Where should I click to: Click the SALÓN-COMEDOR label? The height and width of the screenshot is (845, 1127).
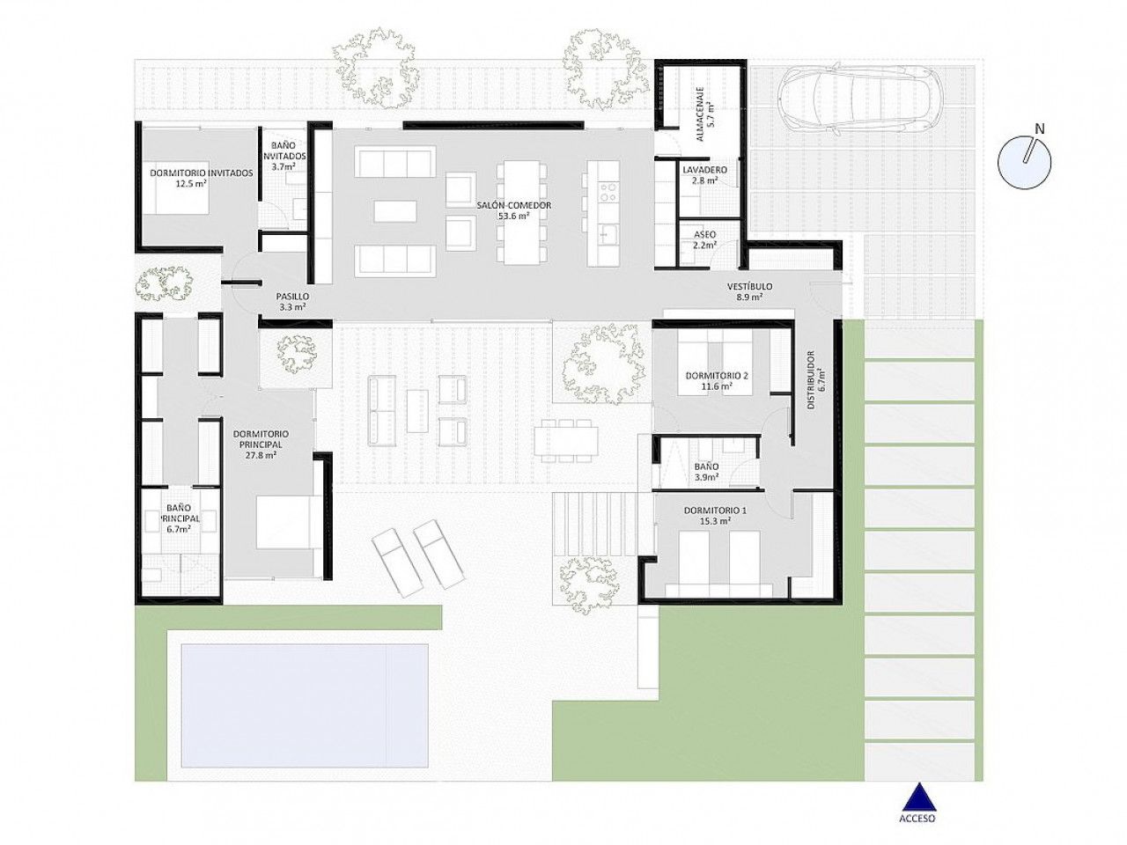point(514,205)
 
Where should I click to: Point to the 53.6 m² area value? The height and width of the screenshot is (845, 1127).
point(514,216)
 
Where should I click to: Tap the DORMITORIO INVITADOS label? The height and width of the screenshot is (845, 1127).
point(202,173)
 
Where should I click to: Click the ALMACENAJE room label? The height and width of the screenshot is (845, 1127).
point(699,114)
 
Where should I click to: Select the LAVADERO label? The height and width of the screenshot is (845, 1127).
point(704,169)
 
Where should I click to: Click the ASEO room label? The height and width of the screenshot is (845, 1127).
point(704,234)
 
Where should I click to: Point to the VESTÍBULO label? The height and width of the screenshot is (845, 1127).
point(749,286)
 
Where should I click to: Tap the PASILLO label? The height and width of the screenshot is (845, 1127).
point(292,297)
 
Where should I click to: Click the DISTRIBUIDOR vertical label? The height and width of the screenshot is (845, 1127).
point(811,379)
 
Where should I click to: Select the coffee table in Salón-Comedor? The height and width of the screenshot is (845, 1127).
point(394,211)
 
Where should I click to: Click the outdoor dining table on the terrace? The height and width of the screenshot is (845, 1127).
point(566,441)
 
